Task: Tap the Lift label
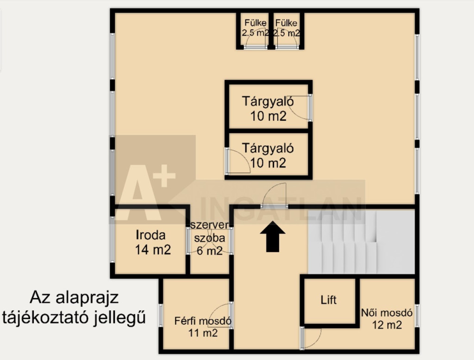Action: click(x=329, y=300)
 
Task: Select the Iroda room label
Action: click(x=150, y=235)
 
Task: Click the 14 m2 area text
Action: click(x=153, y=250)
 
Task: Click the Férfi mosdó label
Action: click(x=203, y=321)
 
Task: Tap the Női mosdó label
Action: click(x=387, y=312)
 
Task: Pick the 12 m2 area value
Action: click(x=387, y=325)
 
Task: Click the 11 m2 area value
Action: click(x=203, y=333)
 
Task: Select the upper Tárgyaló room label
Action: click(x=268, y=101)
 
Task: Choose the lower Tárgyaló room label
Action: click(x=268, y=148)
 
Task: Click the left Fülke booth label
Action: click(x=256, y=23)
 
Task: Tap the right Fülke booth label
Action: click(x=286, y=23)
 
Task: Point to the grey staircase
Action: click(x=361, y=241)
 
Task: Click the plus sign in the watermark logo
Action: click(x=164, y=176)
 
